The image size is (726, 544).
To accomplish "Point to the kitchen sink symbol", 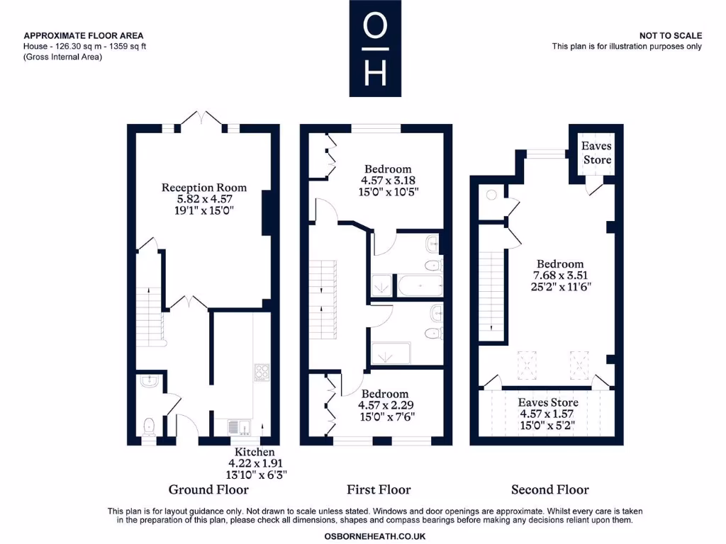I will (237, 426).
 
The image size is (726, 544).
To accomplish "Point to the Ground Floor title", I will (208, 489).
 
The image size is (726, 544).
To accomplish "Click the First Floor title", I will (379, 489).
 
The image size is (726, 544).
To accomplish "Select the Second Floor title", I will (550, 489).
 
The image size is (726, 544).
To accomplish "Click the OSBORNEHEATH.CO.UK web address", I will (375, 536).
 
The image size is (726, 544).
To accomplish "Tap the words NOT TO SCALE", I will (670, 35).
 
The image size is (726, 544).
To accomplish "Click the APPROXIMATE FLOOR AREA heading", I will (84, 35).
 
